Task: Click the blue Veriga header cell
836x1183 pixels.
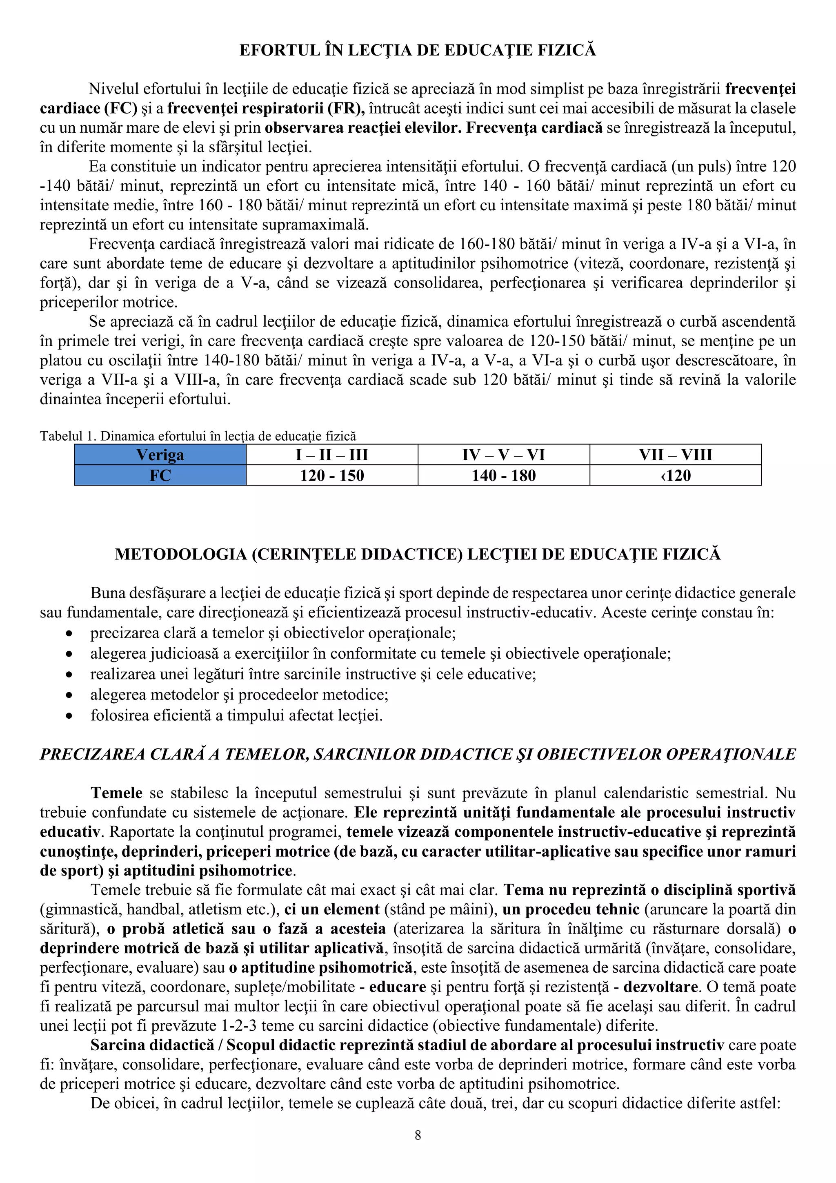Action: (x=160, y=455)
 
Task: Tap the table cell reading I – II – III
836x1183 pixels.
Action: (x=332, y=455)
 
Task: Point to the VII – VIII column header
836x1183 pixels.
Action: (x=675, y=455)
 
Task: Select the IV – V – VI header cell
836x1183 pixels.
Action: (x=504, y=455)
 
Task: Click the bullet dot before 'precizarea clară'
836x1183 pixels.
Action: (x=69, y=634)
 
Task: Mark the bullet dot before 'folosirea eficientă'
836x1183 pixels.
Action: (x=69, y=716)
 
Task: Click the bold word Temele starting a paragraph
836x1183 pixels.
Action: (x=116, y=793)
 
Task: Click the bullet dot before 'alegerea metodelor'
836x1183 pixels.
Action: (x=69, y=695)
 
